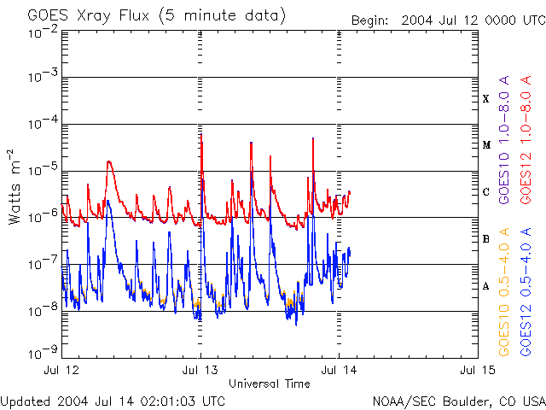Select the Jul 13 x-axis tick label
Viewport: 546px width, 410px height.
coord(200,370)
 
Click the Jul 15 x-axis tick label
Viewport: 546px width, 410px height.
coord(476,370)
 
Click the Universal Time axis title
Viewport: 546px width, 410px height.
coord(269,384)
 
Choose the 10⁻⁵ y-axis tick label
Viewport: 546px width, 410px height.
coord(43,170)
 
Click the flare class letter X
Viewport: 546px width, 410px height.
coord(486,99)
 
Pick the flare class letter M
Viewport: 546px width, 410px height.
coord(486,145)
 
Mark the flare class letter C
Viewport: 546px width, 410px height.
coord(486,192)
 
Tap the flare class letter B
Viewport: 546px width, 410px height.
coord(486,239)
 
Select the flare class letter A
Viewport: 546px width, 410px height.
coord(486,286)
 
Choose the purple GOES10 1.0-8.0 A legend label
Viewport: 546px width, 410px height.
coord(504,154)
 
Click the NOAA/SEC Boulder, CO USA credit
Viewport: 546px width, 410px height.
coord(458,401)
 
